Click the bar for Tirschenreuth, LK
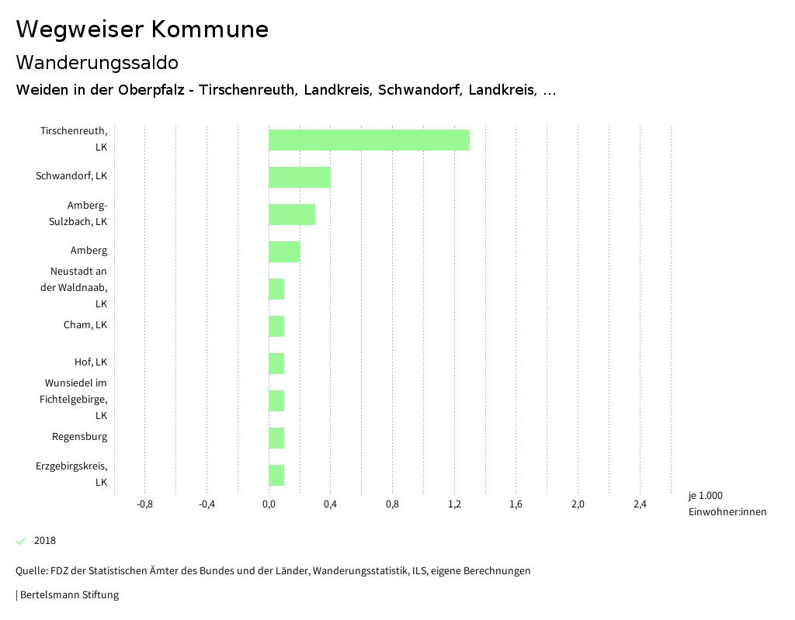(x=369, y=140)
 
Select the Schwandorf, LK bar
(x=300, y=177)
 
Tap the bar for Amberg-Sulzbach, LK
(x=292, y=214)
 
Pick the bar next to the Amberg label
(x=284, y=251)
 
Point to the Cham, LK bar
(x=276, y=326)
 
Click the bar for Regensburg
(x=276, y=438)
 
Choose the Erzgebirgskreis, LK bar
(x=276, y=475)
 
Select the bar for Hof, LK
(x=276, y=363)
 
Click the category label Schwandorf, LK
(x=71, y=176)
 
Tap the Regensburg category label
(x=79, y=437)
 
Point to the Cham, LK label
(x=85, y=325)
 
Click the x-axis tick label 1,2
(x=454, y=505)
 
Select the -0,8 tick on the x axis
(x=144, y=505)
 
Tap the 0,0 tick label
(x=269, y=505)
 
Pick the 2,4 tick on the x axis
(x=640, y=505)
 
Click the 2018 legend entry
(x=44, y=541)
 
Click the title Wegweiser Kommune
(x=142, y=29)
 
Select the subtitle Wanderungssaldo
(x=97, y=62)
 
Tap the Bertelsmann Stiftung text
(x=68, y=595)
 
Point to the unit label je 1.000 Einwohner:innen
(x=727, y=504)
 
